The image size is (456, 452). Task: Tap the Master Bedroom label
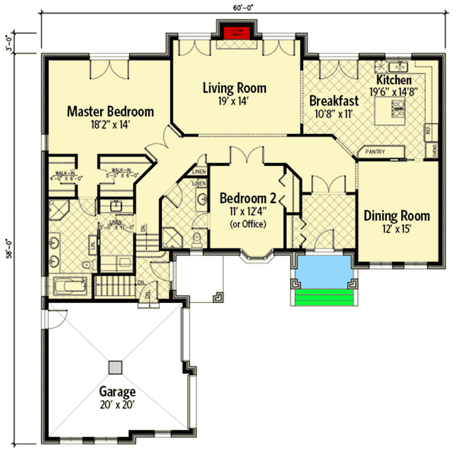(x=110, y=111)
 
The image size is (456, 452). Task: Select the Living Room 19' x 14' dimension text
(x=234, y=101)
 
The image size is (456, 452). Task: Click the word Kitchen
(x=393, y=80)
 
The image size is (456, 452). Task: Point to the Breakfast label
(x=333, y=101)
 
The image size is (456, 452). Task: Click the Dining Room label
(x=397, y=216)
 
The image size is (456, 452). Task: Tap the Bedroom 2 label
(x=247, y=199)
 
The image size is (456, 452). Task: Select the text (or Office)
(x=247, y=224)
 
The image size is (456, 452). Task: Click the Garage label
(x=118, y=392)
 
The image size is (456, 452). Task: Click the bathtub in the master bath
(x=68, y=285)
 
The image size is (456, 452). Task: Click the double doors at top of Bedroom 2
(x=246, y=156)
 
